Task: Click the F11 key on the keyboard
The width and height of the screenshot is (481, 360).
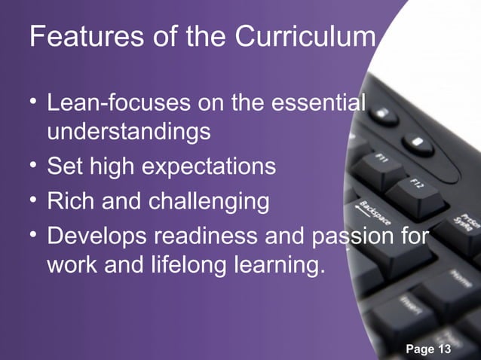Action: tap(382, 161)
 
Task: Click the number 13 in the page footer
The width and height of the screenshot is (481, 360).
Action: tap(443, 349)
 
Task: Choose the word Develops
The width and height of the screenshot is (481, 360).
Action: tap(97, 235)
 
